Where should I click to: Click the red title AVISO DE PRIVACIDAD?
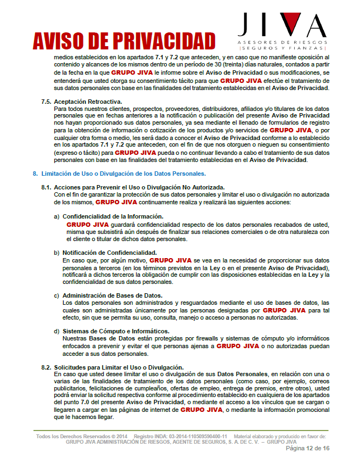[123, 41]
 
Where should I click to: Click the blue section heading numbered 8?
[119, 173]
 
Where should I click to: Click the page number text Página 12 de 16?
[308, 448]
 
